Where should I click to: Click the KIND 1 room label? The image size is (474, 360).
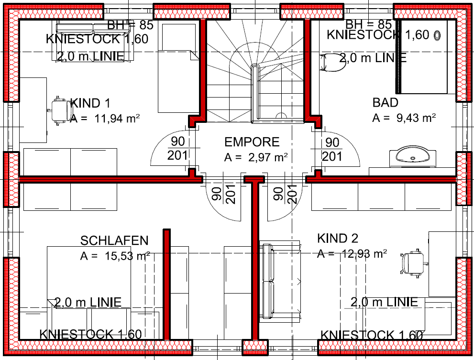coord(91,103)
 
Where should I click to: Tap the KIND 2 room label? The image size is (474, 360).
coord(338,238)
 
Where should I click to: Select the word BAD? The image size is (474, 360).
coord(385,102)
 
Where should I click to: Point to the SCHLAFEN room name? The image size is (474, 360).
coord(114,240)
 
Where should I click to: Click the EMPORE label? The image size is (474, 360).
coord(252,142)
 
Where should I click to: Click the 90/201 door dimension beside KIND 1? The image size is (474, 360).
coord(178,149)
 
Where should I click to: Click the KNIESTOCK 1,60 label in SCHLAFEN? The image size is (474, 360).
coord(90,334)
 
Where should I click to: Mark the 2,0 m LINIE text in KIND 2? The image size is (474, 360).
coord(384,302)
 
